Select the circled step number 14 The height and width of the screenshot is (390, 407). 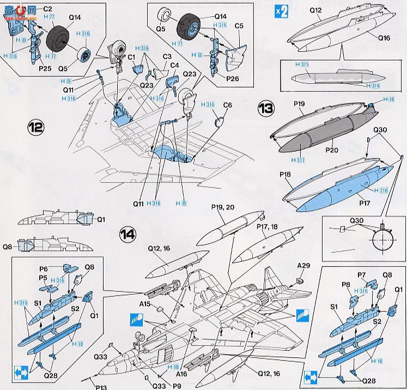pyautogui.click(x=127, y=234)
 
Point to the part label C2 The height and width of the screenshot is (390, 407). pyautogui.click(x=47, y=9)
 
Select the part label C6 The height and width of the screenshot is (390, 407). pyautogui.click(x=227, y=105)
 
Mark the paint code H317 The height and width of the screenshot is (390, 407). pyautogui.click(x=297, y=160)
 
